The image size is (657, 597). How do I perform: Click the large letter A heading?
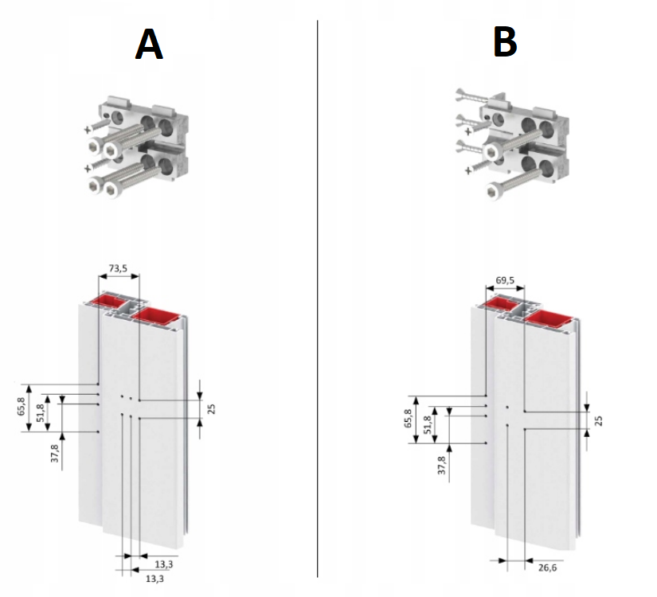coord(149,44)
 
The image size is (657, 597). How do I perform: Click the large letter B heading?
coord(506,41)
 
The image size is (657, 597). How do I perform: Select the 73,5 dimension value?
coord(118,268)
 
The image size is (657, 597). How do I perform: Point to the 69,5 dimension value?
coord(504,280)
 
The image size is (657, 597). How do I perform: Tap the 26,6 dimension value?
coord(548,568)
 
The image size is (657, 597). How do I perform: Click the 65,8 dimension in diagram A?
coord(22,406)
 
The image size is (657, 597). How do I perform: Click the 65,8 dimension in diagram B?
coord(408,418)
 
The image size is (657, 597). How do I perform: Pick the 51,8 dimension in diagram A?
coord(41,412)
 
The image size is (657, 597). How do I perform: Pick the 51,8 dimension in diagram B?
coord(428,424)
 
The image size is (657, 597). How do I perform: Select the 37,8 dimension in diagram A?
coord(55,453)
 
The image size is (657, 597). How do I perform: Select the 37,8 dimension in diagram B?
coord(442,465)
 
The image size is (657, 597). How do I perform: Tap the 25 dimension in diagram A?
coord(211,409)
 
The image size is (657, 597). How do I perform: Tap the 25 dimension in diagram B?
coord(598,420)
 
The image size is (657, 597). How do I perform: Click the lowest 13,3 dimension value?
coord(154,579)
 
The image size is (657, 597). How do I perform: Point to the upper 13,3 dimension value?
coord(164,564)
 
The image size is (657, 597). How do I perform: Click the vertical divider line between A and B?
coord(317,298)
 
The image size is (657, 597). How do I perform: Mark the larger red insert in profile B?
coord(549,319)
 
